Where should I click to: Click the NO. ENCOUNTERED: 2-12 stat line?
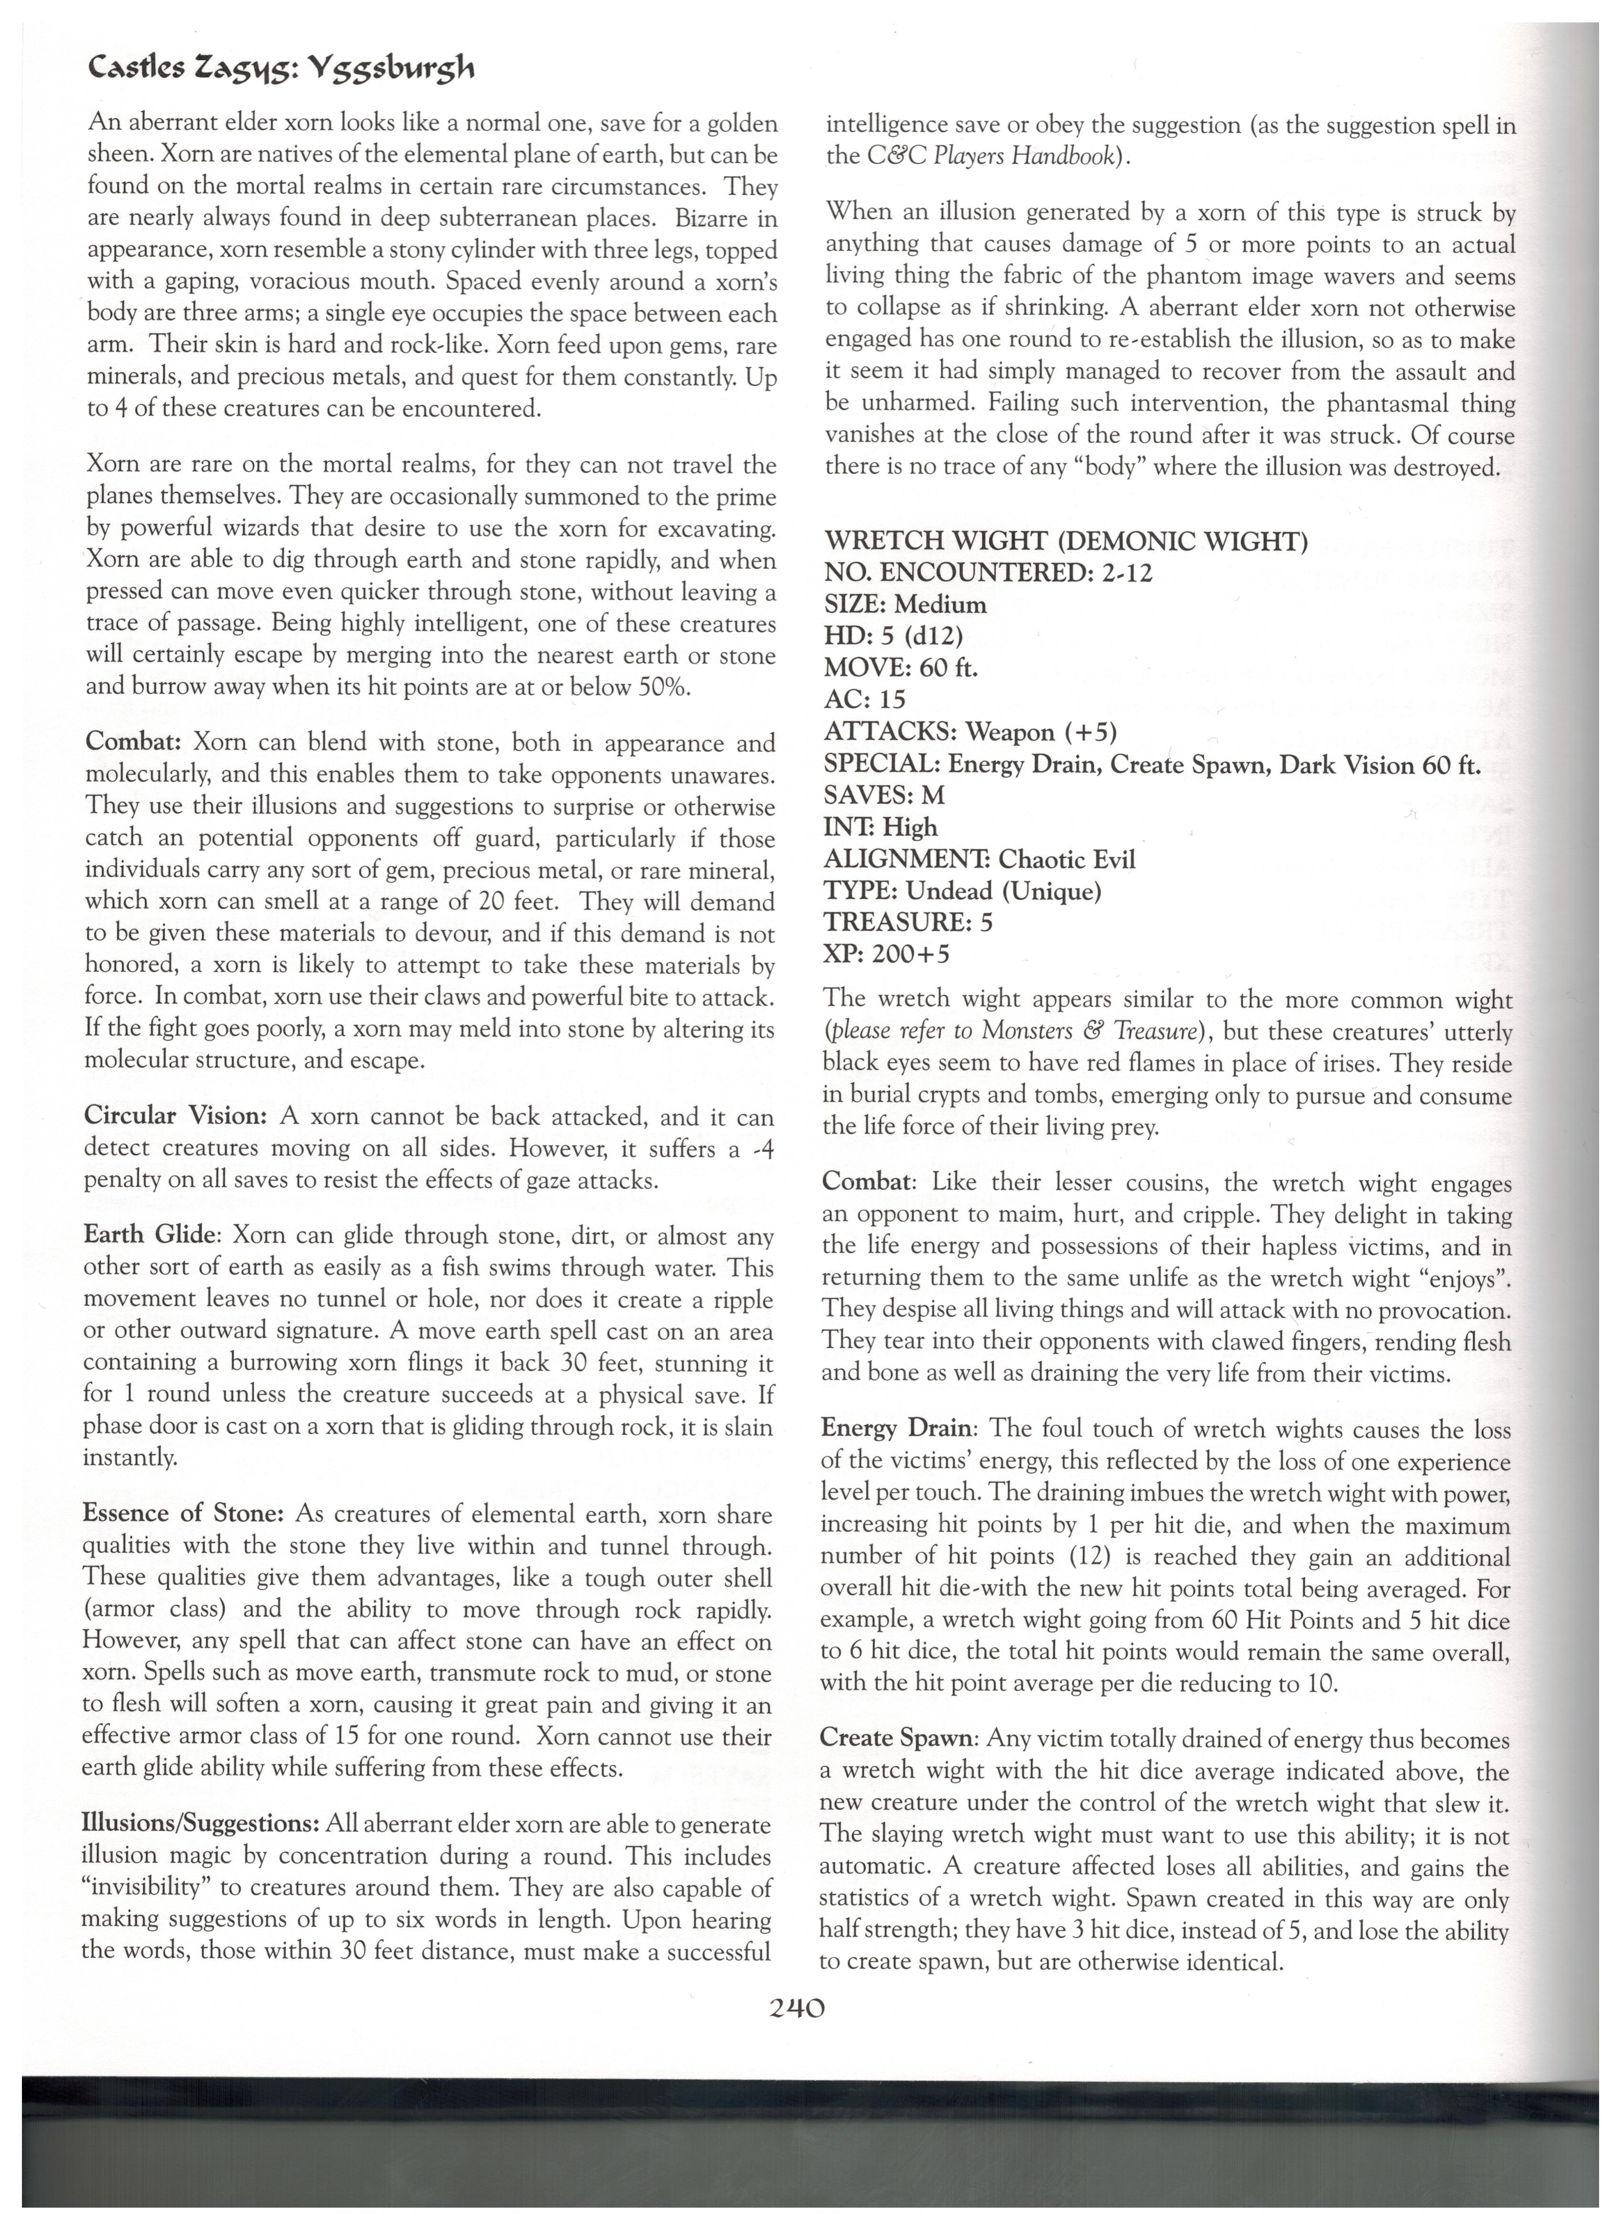pos(988,572)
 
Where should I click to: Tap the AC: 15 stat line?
pos(864,699)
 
